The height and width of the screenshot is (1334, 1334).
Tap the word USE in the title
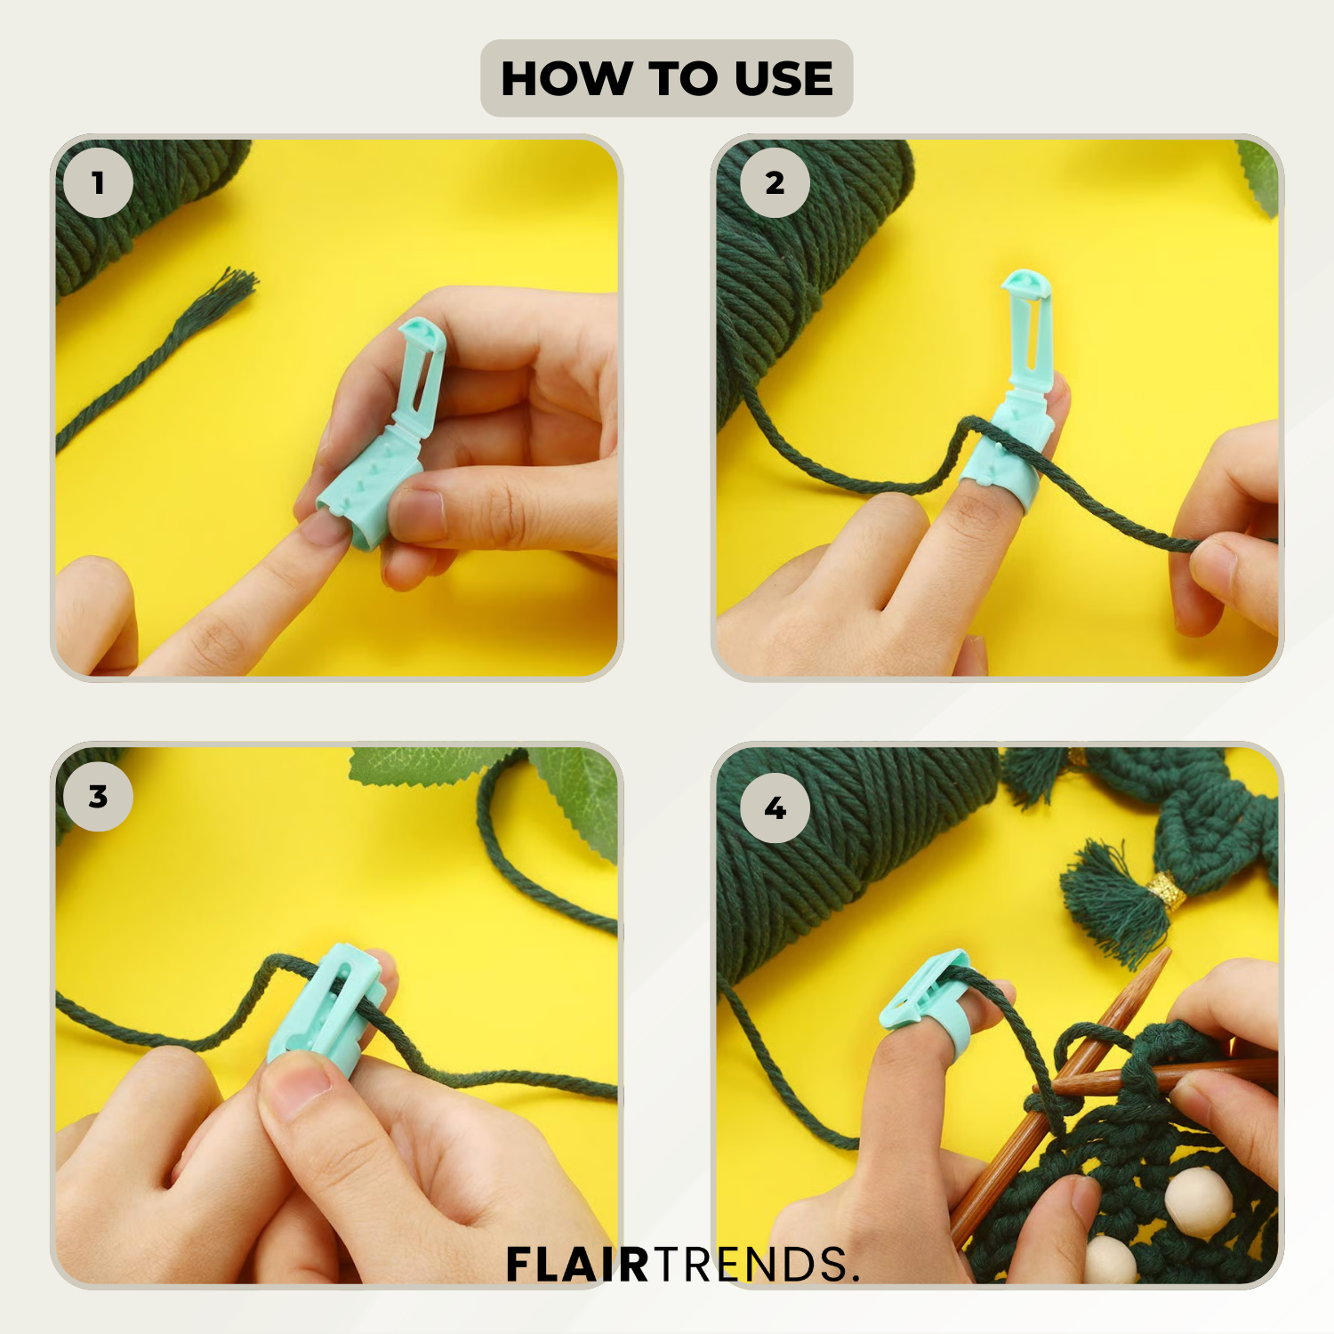tap(784, 78)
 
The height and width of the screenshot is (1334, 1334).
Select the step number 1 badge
tap(98, 183)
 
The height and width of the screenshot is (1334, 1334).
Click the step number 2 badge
tap(775, 183)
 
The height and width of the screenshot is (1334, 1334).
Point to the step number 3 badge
tap(98, 797)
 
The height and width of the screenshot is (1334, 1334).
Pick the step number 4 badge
tap(775, 808)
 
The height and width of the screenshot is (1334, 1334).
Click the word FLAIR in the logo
tap(578, 1265)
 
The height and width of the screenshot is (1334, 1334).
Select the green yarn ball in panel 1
tap(147, 209)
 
